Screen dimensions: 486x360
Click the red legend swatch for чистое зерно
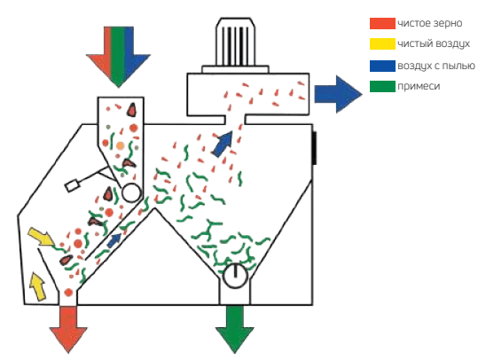point(382,24)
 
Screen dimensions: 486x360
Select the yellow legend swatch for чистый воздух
point(382,43)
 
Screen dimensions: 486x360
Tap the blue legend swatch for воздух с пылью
point(382,66)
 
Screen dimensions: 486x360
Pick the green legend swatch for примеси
point(382,86)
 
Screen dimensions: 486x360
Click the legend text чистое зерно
point(430,24)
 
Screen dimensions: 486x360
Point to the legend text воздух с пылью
point(436,66)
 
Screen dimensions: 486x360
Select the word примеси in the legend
point(419,86)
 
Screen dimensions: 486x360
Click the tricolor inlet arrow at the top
point(118,57)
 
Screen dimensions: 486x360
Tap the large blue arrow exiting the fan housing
point(338,94)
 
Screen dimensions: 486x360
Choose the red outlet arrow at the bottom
point(68,329)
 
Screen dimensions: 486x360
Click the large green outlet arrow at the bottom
point(235,329)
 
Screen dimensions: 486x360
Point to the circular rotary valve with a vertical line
point(235,275)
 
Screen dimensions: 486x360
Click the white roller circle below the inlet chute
point(131,192)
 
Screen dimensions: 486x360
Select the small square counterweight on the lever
point(72,186)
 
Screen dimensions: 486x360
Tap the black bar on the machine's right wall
point(314,148)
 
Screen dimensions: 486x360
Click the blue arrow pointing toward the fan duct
point(223,144)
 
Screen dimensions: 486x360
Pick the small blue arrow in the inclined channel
point(114,240)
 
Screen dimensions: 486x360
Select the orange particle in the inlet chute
point(121,146)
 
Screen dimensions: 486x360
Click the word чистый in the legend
point(414,44)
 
